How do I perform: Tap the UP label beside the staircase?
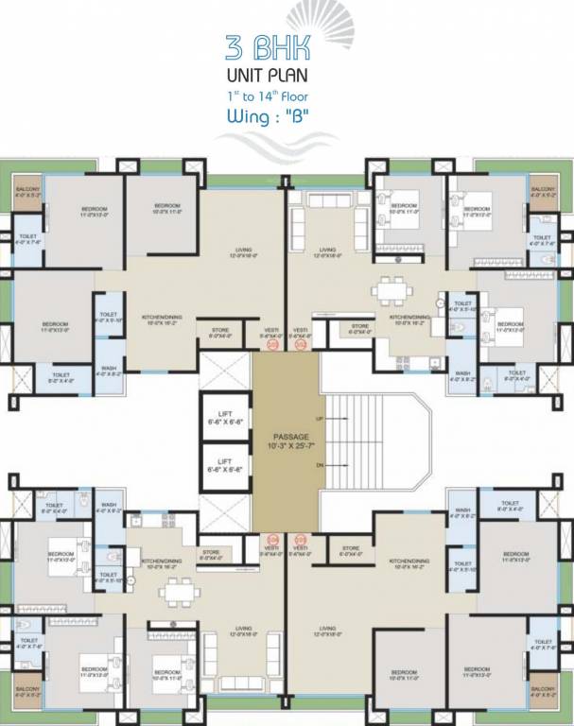coord(320,417)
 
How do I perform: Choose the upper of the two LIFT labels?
coord(226,415)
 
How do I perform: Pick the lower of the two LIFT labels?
coord(226,464)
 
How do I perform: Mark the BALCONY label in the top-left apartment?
coord(27,193)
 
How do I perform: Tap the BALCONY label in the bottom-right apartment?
coord(543,691)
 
